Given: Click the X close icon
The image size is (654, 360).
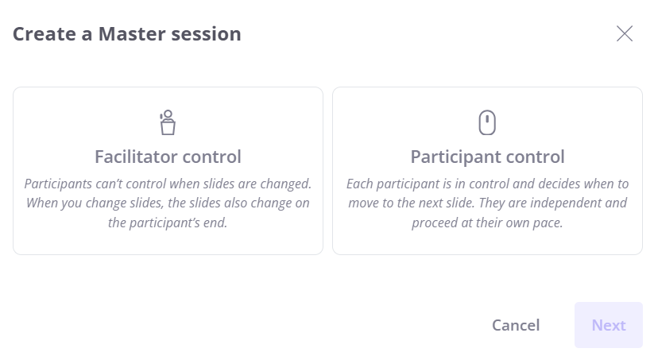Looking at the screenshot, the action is pos(625,34).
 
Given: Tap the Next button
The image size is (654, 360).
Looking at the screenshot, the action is pos(609,325).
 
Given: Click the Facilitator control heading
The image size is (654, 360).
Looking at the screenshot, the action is pos(168,157).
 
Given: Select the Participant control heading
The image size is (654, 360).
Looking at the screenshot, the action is pos(488,157).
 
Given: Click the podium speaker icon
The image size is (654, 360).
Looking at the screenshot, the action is pos(168,122).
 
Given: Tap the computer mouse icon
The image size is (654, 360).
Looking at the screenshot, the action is pos(487,122).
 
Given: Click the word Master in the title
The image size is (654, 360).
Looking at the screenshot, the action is pos(132,34).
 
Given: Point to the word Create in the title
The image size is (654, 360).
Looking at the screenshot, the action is pos(45,34).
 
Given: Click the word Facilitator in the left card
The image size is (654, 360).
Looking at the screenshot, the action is pos(137,157).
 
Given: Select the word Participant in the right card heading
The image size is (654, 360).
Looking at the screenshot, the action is pos(455,157).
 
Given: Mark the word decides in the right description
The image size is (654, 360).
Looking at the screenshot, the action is pos(561,184).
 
